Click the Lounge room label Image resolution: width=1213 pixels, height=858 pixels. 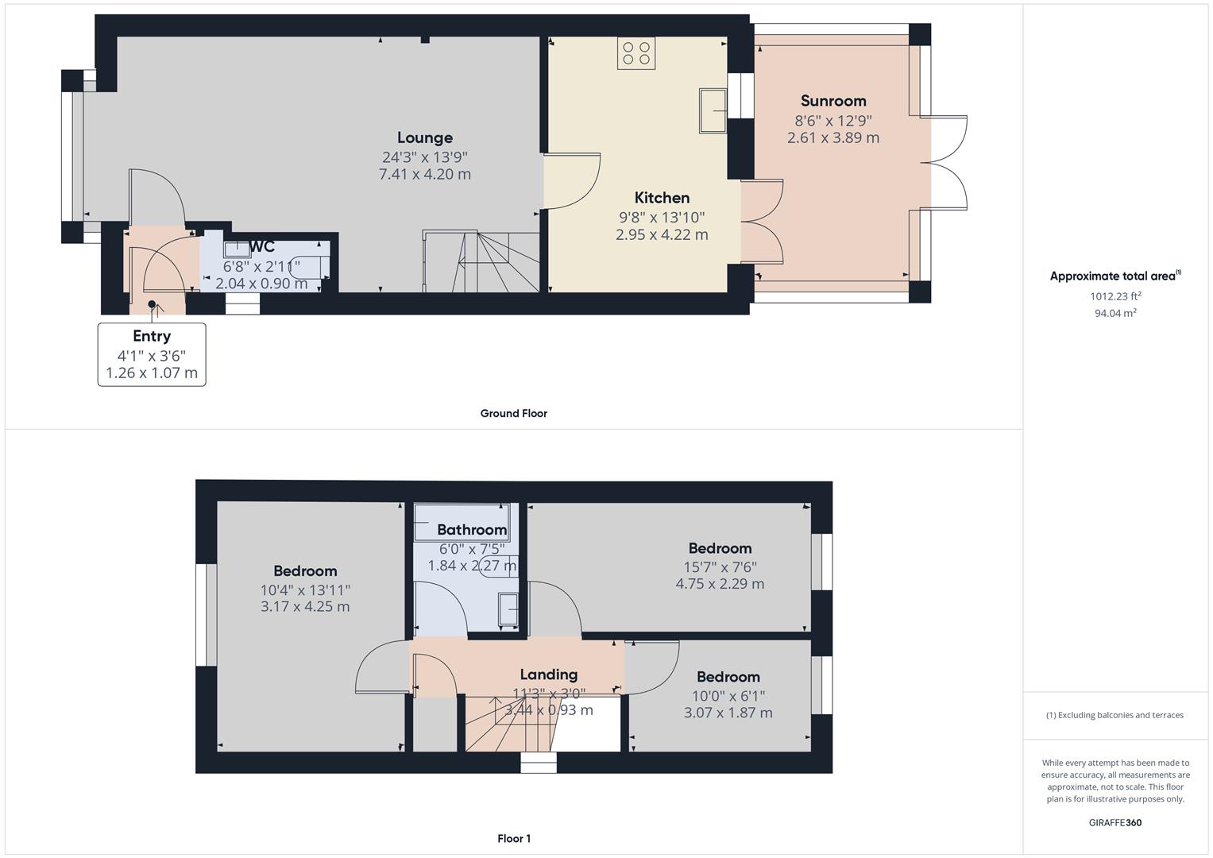coord(425,138)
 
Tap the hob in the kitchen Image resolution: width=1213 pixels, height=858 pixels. coord(636,53)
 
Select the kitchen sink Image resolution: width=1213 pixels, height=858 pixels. coord(713,110)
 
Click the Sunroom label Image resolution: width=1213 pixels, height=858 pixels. coord(832,101)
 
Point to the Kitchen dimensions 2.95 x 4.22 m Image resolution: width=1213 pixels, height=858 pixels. coord(662,234)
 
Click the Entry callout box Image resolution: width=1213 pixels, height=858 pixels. coord(152,354)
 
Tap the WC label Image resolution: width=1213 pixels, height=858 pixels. coord(262,246)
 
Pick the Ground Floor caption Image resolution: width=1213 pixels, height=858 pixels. coord(513,413)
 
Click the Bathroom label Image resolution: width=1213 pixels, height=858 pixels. coord(472,530)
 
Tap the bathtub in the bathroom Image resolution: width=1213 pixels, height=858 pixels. coord(462,522)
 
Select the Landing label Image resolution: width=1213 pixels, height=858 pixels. coord(548,674)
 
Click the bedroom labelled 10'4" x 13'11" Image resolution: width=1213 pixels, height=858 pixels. coord(305,589)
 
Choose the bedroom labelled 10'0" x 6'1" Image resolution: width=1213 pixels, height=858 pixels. coord(728,694)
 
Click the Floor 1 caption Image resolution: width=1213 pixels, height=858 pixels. coord(514,838)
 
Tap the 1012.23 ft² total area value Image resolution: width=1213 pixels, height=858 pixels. coord(1115,296)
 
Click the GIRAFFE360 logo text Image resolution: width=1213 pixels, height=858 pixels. coord(1116,822)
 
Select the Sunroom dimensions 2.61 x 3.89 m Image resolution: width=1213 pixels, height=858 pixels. coord(832,137)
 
